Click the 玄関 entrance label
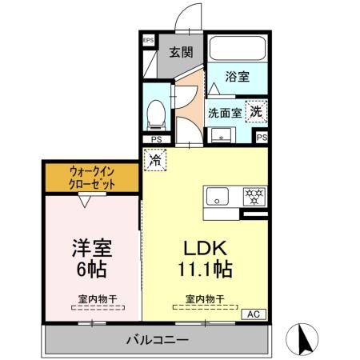[x=181, y=53]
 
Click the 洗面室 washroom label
[x=226, y=112]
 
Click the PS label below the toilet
[x=157, y=139]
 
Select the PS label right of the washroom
[x=262, y=138]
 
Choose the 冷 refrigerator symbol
[x=154, y=160]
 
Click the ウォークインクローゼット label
[x=92, y=178]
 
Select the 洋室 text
[x=90, y=246]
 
